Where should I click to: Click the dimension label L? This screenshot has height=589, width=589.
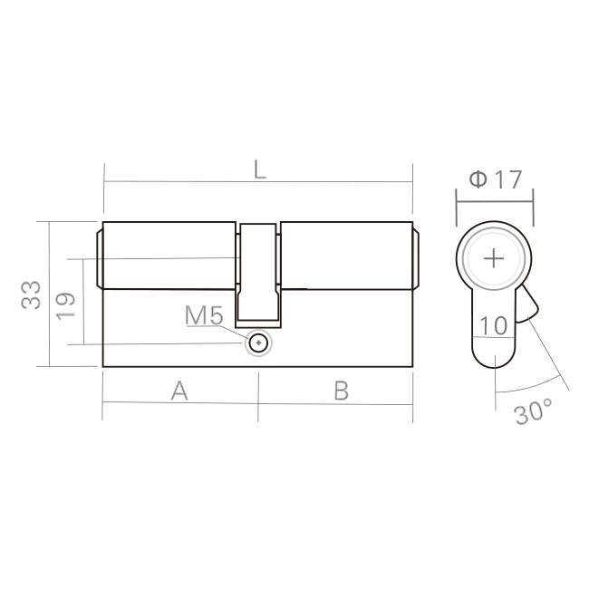click(x=259, y=169)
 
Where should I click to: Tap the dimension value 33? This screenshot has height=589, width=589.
click(x=31, y=295)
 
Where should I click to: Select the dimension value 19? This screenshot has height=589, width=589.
click(x=65, y=305)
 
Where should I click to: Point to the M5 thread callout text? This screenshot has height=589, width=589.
click(x=204, y=315)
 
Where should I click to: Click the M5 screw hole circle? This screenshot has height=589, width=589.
click(x=258, y=343)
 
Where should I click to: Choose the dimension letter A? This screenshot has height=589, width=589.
click(x=179, y=391)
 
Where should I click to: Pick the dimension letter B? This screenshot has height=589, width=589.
click(x=342, y=391)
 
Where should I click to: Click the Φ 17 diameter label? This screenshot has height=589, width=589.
click(x=496, y=179)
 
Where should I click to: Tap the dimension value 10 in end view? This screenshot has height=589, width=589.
click(x=494, y=325)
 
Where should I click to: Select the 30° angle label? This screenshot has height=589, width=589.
click(x=534, y=412)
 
